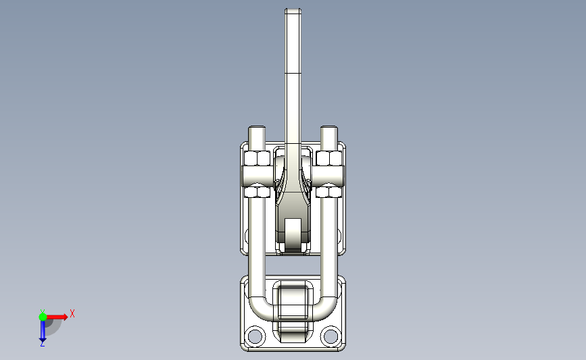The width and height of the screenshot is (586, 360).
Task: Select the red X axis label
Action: [72, 313]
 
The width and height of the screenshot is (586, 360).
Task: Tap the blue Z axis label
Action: [42, 344]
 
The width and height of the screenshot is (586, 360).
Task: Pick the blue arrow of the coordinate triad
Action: [42, 330]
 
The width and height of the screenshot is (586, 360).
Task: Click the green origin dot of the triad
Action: [43, 317]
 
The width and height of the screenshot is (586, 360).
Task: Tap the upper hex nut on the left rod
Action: [257, 159]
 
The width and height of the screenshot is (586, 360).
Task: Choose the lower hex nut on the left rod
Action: [257, 192]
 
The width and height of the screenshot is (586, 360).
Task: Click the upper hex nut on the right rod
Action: [328, 159]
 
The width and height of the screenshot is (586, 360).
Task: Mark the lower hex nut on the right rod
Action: [328, 192]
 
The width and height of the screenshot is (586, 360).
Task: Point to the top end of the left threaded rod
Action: [257, 130]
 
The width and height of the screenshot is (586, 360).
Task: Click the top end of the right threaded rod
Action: [328, 130]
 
